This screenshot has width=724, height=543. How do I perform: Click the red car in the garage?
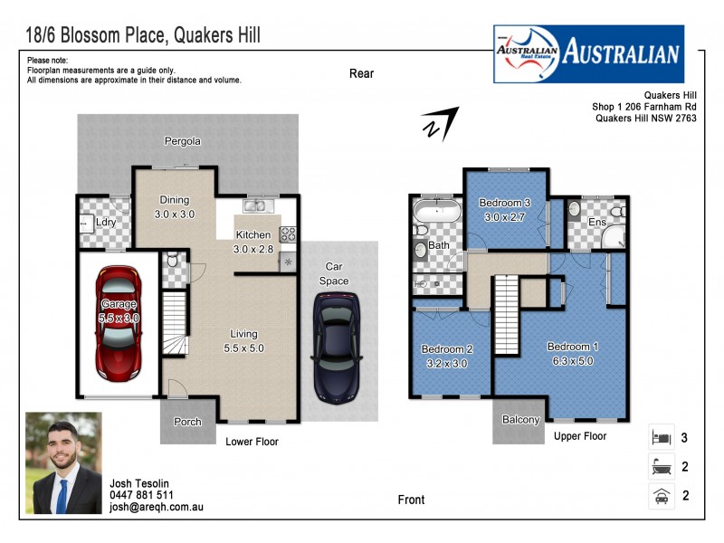(x=119, y=322)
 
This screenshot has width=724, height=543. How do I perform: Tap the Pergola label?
(x=182, y=141)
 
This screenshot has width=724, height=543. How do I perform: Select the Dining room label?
(x=175, y=200)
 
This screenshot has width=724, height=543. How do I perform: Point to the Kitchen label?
(x=252, y=235)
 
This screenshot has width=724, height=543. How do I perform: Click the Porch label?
(x=186, y=422)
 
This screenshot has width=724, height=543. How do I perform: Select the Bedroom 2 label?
(x=447, y=349)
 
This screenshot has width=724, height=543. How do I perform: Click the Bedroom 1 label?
(x=572, y=347)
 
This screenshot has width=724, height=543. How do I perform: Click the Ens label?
(x=597, y=223)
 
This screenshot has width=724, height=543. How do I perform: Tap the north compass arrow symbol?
(x=439, y=124)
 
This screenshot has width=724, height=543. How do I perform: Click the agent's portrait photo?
(x=63, y=463)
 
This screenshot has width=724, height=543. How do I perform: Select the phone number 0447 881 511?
(x=141, y=495)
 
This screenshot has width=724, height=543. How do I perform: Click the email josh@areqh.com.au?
(x=156, y=508)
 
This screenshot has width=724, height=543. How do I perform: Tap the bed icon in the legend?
(x=660, y=438)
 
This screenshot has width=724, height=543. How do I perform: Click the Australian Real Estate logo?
(x=588, y=53)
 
